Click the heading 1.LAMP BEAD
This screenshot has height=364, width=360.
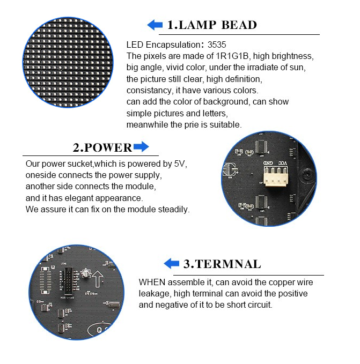212,25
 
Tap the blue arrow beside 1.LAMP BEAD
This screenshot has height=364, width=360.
155,25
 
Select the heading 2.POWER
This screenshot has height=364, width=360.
102,147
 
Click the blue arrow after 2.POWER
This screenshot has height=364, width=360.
141,147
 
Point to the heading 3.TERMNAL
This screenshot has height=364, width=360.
222,264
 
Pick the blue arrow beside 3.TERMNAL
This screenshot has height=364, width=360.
171,263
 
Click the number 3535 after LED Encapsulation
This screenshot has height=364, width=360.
217,44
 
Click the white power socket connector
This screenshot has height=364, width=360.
275,176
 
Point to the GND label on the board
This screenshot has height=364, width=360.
268,163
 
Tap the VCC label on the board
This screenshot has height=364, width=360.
283,163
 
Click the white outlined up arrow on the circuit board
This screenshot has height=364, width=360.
98,279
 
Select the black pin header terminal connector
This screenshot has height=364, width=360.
69,281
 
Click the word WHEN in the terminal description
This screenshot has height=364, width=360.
152,283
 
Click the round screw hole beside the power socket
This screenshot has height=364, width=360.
308,173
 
